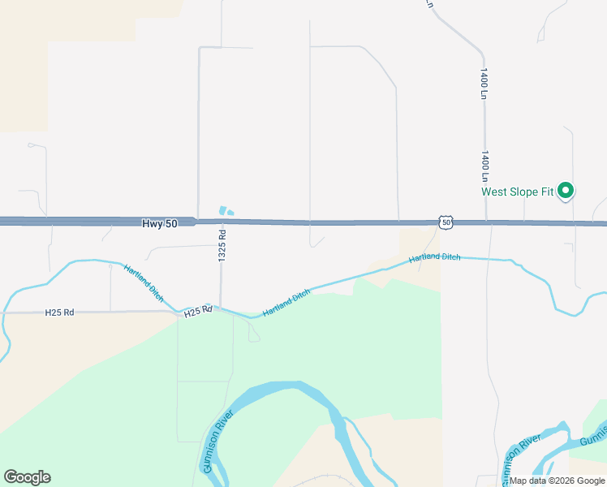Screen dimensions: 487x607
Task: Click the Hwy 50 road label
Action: tap(159, 223)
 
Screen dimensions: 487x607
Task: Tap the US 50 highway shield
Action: tap(446, 222)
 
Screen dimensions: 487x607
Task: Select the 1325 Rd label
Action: tap(222, 243)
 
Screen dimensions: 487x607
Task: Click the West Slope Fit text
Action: tap(517, 192)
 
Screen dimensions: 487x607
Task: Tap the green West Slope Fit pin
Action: tap(566, 192)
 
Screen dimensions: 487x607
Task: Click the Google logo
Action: tap(27, 477)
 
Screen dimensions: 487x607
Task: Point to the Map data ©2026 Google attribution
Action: tap(557, 481)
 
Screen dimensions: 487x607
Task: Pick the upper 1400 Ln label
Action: tap(484, 84)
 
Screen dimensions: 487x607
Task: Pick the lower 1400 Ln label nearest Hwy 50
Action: tap(484, 166)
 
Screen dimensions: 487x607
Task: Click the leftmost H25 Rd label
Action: tap(59, 312)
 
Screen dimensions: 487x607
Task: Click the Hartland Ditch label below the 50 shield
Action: tap(434, 257)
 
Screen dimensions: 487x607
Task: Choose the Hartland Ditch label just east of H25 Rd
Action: tap(286, 303)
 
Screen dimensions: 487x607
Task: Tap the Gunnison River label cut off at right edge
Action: tap(593, 439)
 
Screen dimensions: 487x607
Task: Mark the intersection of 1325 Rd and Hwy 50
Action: tap(222, 222)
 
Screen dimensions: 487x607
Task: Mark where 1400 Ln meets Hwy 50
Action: tap(486, 222)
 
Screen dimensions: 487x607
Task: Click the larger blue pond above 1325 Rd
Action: tap(222, 210)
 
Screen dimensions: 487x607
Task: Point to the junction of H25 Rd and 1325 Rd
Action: tap(221, 309)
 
